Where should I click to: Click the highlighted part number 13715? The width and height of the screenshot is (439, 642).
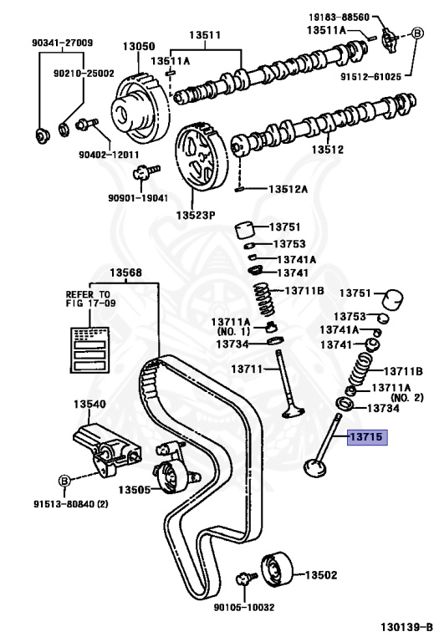(x=367, y=436)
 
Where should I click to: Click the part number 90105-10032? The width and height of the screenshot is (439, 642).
(x=242, y=607)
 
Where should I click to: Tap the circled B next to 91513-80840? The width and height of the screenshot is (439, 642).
(x=63, y=480)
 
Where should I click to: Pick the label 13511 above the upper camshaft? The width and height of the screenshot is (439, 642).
(x=204, y=35)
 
